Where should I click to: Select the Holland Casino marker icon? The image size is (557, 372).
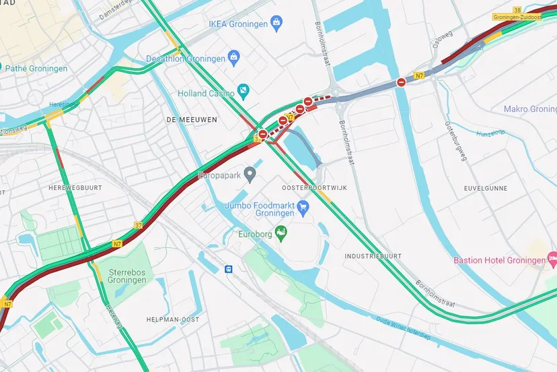[x=244, y=91]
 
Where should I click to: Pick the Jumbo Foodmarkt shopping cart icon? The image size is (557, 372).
[x=303, y=207]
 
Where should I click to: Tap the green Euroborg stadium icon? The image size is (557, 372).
[x=282, y=233]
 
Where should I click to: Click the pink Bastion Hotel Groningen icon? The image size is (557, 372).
[x=552, y=259]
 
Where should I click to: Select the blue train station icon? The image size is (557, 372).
[x=229, y=268]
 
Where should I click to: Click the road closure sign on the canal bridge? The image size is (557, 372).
[x=401, y=82]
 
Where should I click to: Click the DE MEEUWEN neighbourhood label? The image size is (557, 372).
[x=185, y=119]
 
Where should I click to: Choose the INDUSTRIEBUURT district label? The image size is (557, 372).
[x=373, y=256]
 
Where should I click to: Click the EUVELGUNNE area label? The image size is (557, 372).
[x=486, y=189]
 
